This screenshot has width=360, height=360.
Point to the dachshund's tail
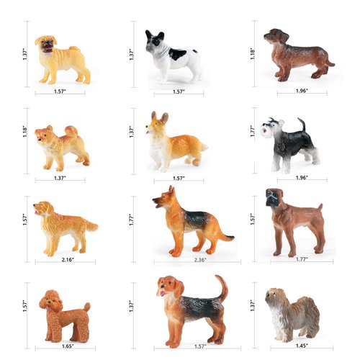pyautogui.click(x=329, y=63)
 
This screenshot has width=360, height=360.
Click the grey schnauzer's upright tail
pyautogui.click(x=302, y=125)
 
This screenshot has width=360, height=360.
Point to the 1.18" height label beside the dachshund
pyautogui.click(x=253, y=54)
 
